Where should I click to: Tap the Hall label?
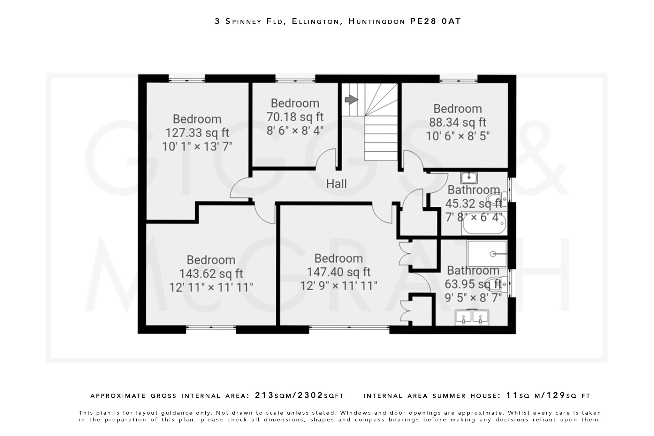coord(336,184)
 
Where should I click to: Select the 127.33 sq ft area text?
coord(197,133)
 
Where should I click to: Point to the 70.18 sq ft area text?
coord(295,117)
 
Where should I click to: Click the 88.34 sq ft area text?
coord(457,122)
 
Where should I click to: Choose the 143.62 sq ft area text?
coord(211,273)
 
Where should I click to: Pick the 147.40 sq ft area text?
coord(338,272)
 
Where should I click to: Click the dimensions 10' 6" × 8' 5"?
coord(457,136)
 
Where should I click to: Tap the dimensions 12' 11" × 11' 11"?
coord(211,287)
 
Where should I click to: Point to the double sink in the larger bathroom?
coord(472,317)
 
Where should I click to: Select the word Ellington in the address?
coord(315,21)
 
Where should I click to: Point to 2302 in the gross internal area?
coord(310,395)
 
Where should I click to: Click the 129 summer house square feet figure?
coord(556,395)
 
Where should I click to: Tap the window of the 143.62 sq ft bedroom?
coord(211,327)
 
